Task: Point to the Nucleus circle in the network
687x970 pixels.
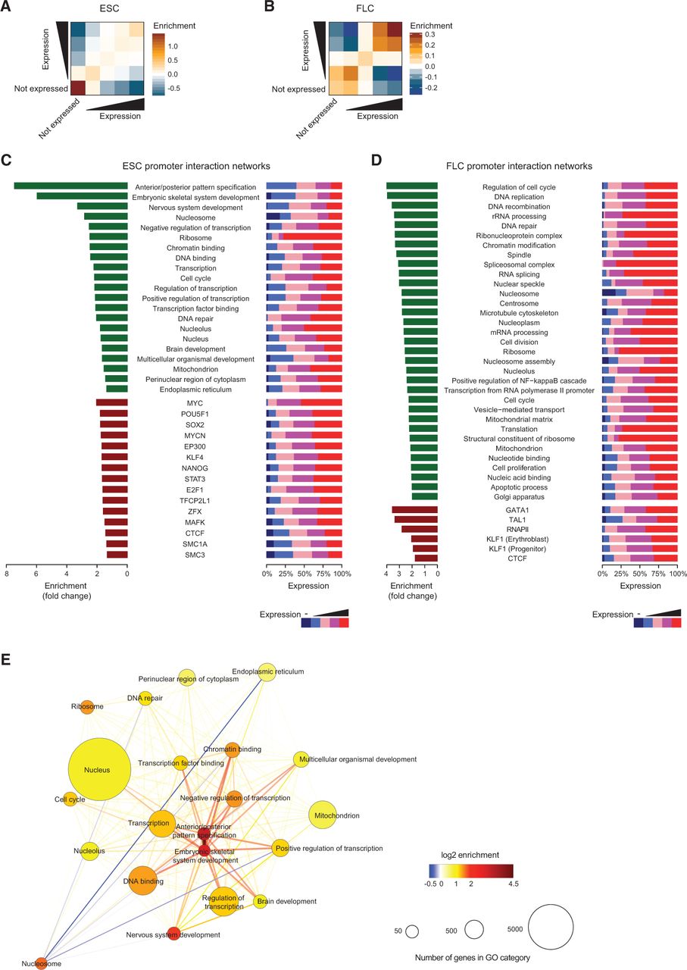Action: coord(97,770)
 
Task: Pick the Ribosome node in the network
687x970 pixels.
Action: coord(86,706)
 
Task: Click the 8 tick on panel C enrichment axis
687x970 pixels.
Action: coord(7,576)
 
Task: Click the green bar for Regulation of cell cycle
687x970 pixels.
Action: coord(412,186)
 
